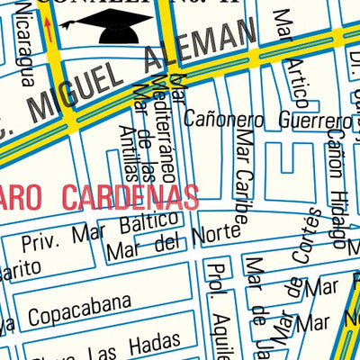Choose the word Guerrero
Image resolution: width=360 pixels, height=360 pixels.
[310, 121]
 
